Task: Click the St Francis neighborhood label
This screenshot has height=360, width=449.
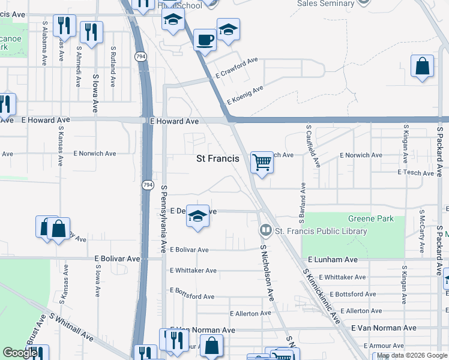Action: pyautogui.click(x=218, y=159)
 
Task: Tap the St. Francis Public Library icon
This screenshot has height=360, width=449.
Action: pyautogui.click(x=265, y=230)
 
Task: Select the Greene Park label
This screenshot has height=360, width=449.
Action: pyautogui.click(x=371, y=219)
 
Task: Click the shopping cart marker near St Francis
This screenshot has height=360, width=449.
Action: pyautogui.click(x=262, y=162)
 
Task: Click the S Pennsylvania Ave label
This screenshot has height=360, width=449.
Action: pyautogui.click(x=163, y=218)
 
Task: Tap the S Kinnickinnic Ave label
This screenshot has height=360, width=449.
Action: pyautogui.click(x=321, y=295)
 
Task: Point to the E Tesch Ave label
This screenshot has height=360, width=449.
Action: pyautogui.click(x=415, y=173)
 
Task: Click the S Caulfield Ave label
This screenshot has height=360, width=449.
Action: pyautogui.click(x=313, y=146)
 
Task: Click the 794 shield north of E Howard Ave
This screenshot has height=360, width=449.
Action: pyautogui.click(x=141, y=57)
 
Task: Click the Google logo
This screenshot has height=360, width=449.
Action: pyautogui.click(x=20, y=353)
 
